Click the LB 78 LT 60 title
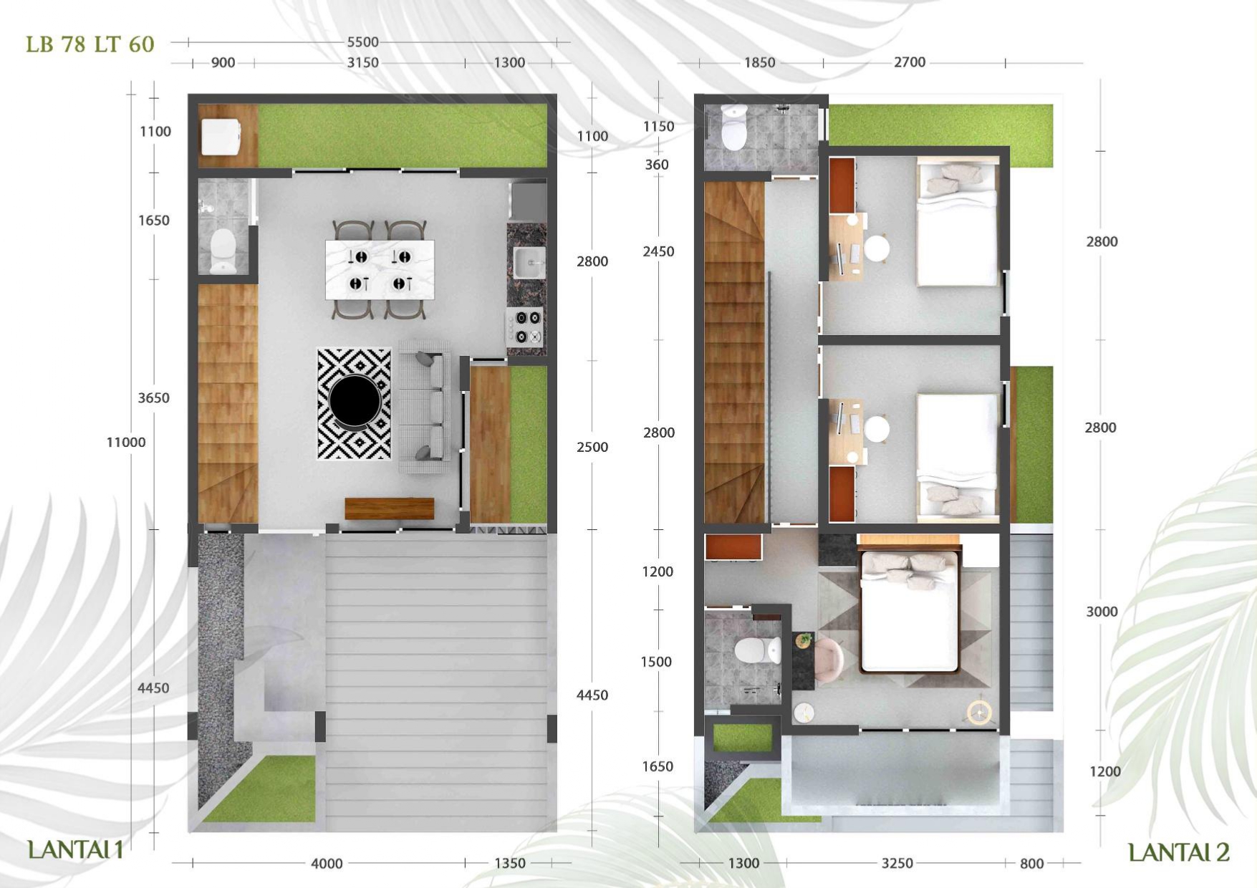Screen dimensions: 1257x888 90,44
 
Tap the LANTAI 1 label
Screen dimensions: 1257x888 75,850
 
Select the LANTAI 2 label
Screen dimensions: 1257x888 1179,852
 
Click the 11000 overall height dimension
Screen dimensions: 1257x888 126,443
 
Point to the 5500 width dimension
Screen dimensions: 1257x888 363,42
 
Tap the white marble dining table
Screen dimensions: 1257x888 380,270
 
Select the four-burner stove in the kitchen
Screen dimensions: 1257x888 526,327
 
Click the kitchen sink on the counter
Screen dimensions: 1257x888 529,263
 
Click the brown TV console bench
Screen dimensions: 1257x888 390,508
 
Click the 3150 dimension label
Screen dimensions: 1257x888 363,63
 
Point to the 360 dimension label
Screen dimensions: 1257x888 657,165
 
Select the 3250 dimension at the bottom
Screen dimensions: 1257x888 897,864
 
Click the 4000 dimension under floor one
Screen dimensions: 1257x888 327,864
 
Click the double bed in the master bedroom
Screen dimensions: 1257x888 910,610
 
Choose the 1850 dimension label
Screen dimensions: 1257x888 760,63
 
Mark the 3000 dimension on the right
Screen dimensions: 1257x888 1102,612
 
